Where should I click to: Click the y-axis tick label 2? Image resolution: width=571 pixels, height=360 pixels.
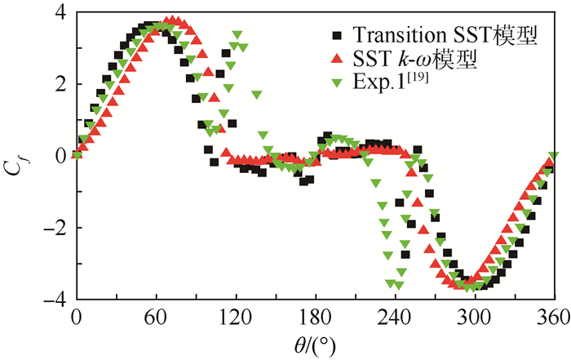(x=60, y=85)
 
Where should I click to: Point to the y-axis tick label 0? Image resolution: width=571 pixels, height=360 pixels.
(x=60, y=156)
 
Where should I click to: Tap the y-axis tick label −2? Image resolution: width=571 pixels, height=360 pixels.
(x=54, y=228)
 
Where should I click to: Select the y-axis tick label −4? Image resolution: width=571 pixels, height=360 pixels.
(x=54, y=299)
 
